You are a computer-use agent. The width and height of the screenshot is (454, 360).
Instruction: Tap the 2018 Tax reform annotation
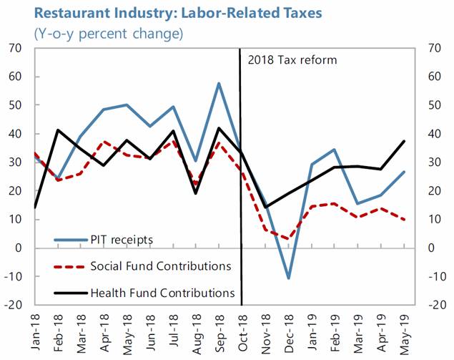pyautogui.click(x=292, y=59)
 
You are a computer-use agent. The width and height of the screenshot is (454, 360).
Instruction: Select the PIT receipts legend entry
pyautogui.click(x=122, y=239)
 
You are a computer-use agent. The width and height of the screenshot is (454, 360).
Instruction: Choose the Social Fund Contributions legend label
pyautogui.click(x=160, y=266)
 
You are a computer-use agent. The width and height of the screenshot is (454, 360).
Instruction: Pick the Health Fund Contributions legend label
pyautogui.click(x=162, y=293)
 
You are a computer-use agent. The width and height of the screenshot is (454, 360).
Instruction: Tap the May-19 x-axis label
pyautogui.click(x=405, y=328)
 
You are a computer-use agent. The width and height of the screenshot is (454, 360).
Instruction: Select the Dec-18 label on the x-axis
pyautogui.click(x=288, y=328)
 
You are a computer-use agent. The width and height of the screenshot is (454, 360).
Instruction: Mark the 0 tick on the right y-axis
pyautogui.click(x=431, y=248)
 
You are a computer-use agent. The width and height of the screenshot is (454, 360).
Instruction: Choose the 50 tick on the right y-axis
pyautogui.click(x=434, y=105)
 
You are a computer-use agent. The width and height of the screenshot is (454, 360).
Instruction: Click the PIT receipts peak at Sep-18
pyautogui.click(x=218, y=84)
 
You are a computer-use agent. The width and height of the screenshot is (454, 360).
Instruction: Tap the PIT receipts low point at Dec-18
pyautogui.click(x=288, y=278)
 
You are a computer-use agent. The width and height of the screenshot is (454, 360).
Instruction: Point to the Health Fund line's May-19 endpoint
pyautogui.click(x=405, y=141)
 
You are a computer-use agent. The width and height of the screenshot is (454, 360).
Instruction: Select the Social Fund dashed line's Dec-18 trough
pyautogui.click(x=288, y=239)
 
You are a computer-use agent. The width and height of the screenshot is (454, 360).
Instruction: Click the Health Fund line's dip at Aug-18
pyautogui.click(x=195, y=193)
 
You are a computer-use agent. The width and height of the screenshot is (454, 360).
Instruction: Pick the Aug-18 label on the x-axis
pyautogui.click(x=194, y=328)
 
